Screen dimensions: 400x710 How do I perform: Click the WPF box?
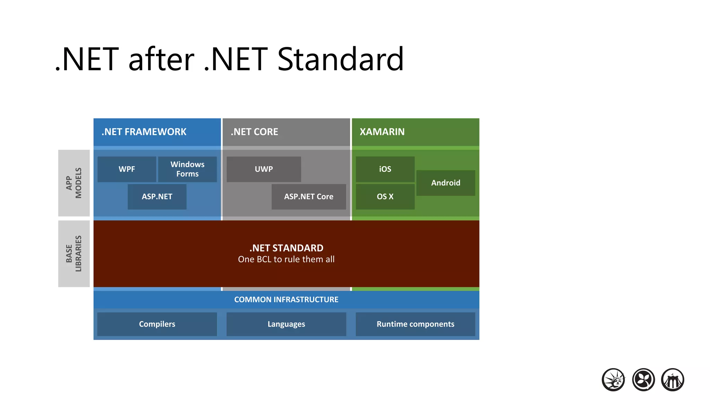[x=127, y=169]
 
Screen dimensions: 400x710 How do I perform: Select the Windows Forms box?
[x=188, y=169]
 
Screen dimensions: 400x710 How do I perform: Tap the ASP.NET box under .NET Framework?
[x=157, y=197]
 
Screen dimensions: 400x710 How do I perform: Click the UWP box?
[x=264, y=169]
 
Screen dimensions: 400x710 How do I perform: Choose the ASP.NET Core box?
[x=309, y=197]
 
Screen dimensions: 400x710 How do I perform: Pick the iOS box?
[x=385, y=169]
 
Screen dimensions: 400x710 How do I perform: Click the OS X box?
[x=385, y=197]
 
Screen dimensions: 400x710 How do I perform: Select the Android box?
[x=446, y=183]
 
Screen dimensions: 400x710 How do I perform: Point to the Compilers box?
[x=157, y=324]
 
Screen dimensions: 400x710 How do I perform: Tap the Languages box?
[x=286, y=324]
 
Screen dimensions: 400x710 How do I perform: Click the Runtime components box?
[x=415, y=324]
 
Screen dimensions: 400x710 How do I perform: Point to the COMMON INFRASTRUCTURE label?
[x=286, y=300]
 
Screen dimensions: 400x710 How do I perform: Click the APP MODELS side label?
[x=74, y=183]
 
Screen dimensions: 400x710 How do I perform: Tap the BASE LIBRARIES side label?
[x=74, y=254]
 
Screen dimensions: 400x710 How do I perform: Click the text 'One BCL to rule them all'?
[x=286, y=259]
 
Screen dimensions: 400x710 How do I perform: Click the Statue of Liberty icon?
[x=613, y=380]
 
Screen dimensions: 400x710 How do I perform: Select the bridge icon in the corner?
[x=673, y=380]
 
